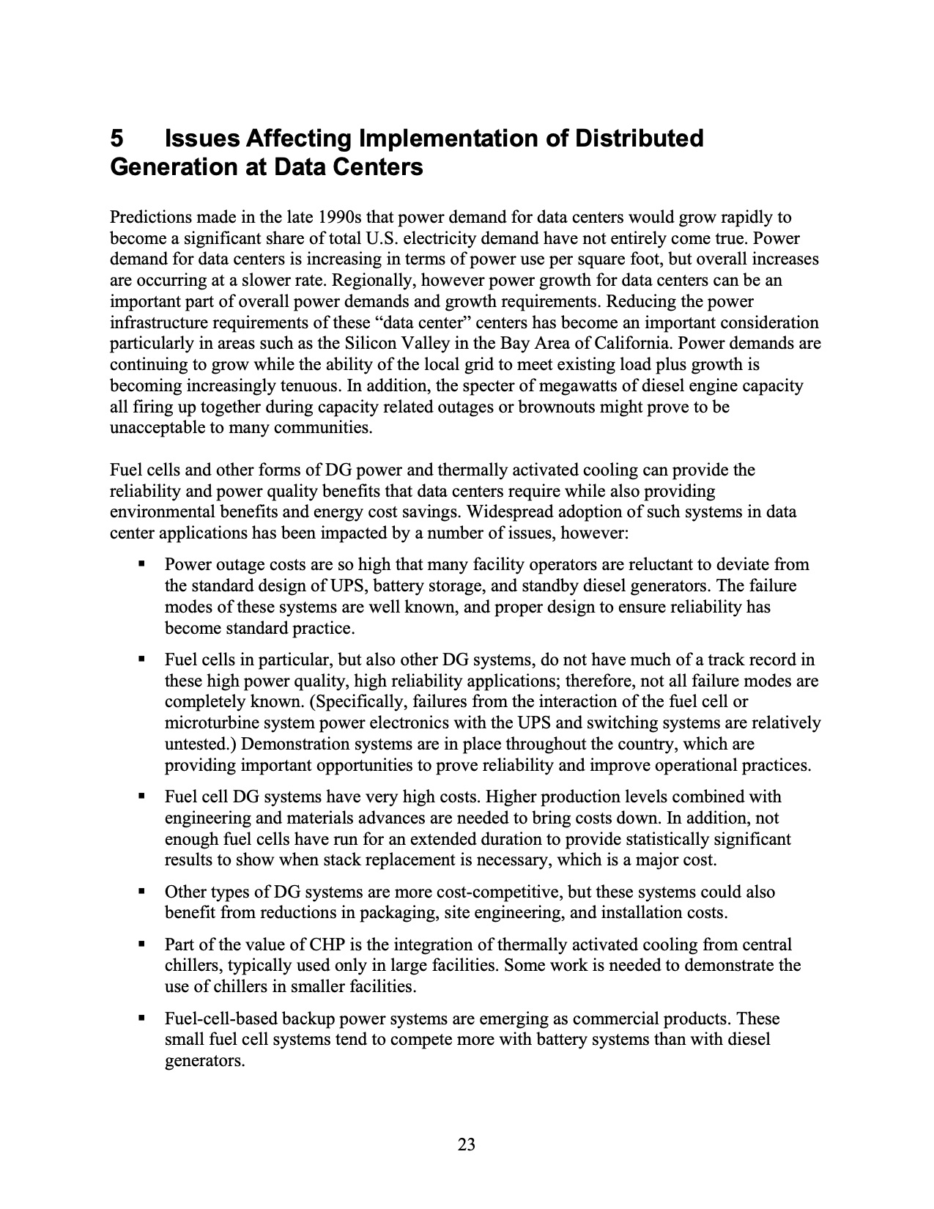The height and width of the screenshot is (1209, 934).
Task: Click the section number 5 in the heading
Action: (x=116, y=138)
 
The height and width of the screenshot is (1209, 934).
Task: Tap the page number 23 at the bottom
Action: (x=467, y=1144)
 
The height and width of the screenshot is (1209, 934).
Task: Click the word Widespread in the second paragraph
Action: (x=509, y=512)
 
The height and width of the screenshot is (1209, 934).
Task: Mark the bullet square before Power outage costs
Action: (x=142, y=565)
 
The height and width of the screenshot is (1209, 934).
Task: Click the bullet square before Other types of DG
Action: (x=142, y=892)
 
